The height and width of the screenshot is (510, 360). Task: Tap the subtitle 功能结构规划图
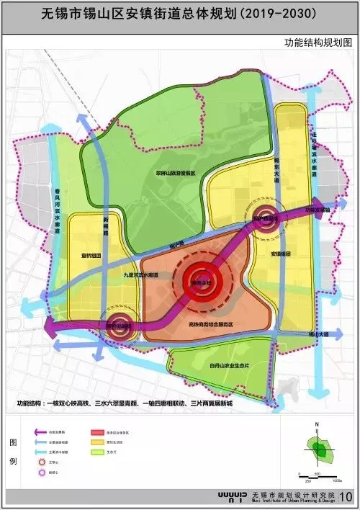pyautogui.click(x=317, y=42)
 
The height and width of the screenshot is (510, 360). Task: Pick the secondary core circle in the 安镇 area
pyautogui.click(x=265, y=219)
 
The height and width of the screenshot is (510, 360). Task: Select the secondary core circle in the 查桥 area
pyautogui.click(x=119, y=326)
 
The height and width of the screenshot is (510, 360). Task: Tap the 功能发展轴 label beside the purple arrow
pyautogui.click(x=318, y=210)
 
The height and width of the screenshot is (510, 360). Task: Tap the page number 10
pyautogui.click(x=345, y=496)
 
